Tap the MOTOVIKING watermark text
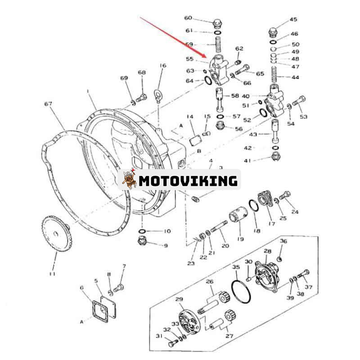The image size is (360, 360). (x=188, y=181)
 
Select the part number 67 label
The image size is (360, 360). (x=48, y=104)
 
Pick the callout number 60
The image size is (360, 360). (x=188, y=18)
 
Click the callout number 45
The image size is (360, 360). (x=293, y=19)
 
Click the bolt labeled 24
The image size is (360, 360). (x=285, y=196)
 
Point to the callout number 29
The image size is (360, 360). (x=179, y=300)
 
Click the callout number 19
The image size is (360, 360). (x=240, y=239)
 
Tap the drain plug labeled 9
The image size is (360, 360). (x=143, y=243)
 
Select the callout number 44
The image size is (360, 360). (x=295, y=77)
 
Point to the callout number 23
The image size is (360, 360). (x=191, y=263)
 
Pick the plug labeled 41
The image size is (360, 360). (x=275, y=157)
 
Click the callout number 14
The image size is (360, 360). (x=190, y=117)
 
